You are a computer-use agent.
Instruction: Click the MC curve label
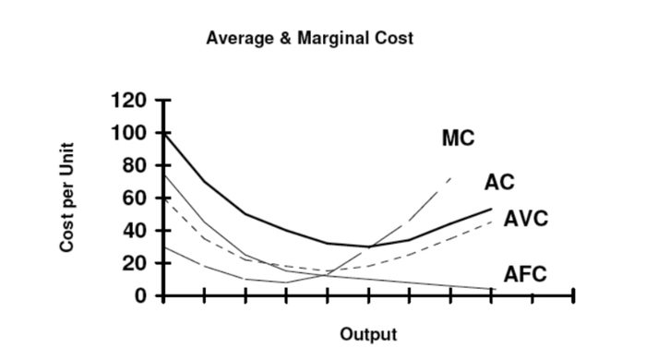458,139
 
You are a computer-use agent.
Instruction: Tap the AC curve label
498,182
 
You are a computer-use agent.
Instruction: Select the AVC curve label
526,220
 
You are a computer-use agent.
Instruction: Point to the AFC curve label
525,274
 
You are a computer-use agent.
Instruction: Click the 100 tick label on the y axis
127,134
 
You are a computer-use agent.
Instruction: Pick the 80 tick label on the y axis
134,166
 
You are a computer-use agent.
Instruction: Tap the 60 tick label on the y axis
134,198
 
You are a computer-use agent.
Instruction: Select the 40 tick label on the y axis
134,231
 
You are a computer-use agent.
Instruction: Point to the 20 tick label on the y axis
134,263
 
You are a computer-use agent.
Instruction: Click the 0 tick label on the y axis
140,295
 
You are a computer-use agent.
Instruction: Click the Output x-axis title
368,333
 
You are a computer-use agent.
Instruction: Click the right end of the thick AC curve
491,209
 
